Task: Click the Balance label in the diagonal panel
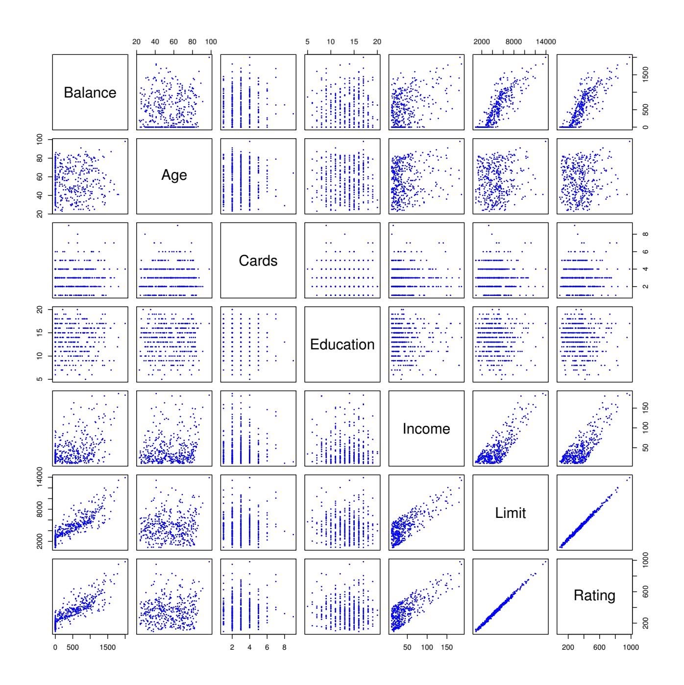(90, 93)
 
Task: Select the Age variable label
(174, 175)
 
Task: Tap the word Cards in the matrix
(258, 261)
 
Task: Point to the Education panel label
(342, 344)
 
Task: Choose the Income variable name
(426, 429)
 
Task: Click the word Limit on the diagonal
(510, 513)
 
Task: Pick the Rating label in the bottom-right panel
(594, 595)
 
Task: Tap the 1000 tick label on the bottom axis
(630, 647)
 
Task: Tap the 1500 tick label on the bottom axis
(107, 647)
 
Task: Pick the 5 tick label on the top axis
(308, 42)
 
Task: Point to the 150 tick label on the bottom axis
(446, 647)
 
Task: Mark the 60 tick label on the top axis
(173, 42)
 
